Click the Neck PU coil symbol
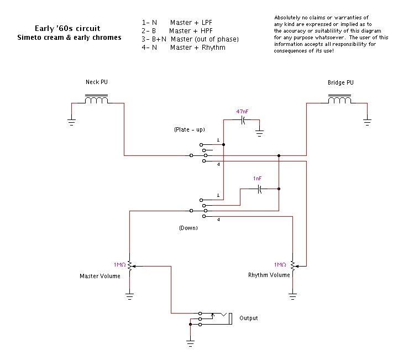pos(96,100)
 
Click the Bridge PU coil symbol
pos(339,100)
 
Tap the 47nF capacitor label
pos(243,112)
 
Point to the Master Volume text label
pos(101,275)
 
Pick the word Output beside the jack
pos(248,319)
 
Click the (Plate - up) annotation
pos(190,130)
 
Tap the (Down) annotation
pos(188,227)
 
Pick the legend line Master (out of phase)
pos(204,39)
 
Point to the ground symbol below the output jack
pos(190,343)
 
